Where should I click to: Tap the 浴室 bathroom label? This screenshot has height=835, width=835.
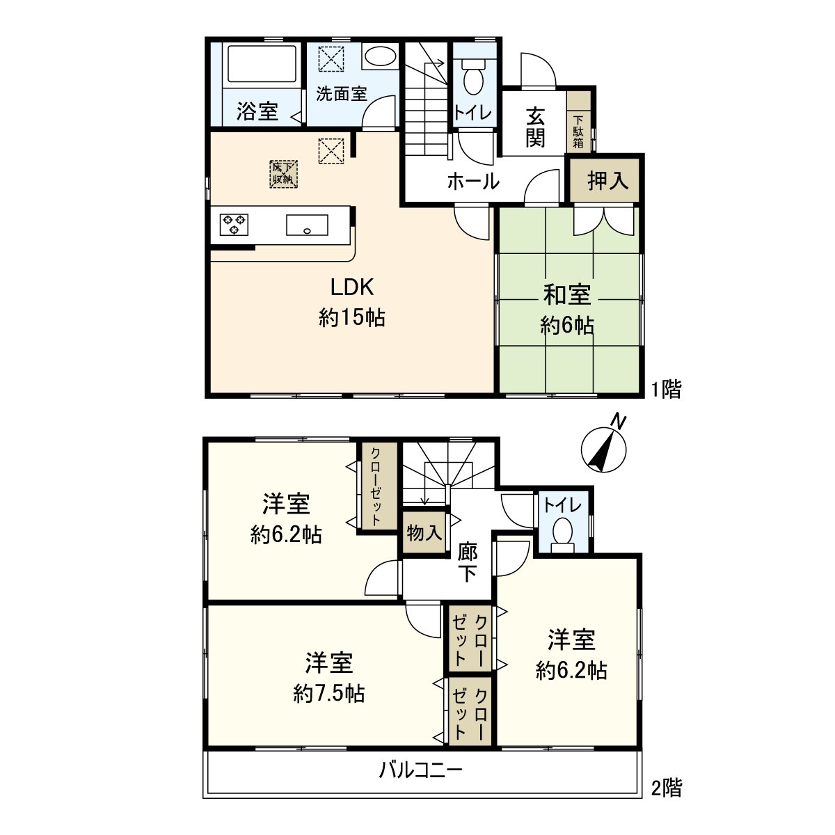click(257, 111)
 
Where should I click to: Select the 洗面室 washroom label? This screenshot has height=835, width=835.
click(341, 93)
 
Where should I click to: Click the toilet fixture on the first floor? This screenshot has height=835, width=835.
click(474, 77)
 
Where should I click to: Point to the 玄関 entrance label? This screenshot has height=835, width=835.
click(535, 127)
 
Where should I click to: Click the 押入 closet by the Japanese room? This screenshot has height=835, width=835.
click(607, 181)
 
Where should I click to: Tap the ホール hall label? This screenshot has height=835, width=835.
click(473, 182)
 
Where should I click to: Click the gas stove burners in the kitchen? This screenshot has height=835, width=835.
click(234, 224)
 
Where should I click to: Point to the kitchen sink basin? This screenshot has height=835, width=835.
click(306, 225)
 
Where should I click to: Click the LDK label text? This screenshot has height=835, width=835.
click(352, 287)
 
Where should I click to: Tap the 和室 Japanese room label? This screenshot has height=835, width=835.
click(567, 295)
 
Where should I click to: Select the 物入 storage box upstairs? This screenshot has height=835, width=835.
click(424, 534)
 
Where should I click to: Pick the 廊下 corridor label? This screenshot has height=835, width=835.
click(468, 563)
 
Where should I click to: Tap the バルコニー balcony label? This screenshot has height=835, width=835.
click(420, 770)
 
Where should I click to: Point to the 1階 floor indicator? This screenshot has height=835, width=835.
click(666, 389)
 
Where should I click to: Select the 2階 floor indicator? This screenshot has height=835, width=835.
click(666, 788)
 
